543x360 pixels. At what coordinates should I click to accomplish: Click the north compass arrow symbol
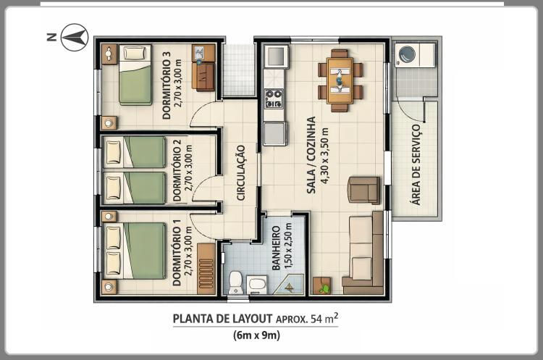(75, 37)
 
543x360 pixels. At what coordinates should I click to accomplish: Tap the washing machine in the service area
(407, 55)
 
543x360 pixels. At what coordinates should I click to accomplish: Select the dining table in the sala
(340, 80)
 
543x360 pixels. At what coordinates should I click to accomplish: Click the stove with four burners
(274, 99)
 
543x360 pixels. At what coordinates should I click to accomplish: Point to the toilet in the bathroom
(236, 282)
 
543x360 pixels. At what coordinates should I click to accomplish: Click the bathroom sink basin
(257, 285)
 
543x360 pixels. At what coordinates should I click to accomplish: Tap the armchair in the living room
(364, 190)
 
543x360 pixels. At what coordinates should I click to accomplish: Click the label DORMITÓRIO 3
(167, 85)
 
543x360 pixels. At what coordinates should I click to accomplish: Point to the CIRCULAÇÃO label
(240, 172)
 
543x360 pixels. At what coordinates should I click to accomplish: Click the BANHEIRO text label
(276, 248)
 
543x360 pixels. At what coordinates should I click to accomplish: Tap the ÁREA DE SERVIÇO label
(416, 164)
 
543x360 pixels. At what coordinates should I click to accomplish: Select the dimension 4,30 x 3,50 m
(325, 155)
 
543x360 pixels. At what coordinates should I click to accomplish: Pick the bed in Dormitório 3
(135, 75)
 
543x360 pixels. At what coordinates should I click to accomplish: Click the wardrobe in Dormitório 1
(206, 269)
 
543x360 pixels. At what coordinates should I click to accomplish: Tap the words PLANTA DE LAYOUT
(222, 319)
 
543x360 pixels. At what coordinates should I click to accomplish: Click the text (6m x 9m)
(256, 335)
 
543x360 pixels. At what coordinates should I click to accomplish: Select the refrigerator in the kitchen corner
(276, 56)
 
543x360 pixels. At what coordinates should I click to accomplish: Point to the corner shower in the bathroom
(289, 285)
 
